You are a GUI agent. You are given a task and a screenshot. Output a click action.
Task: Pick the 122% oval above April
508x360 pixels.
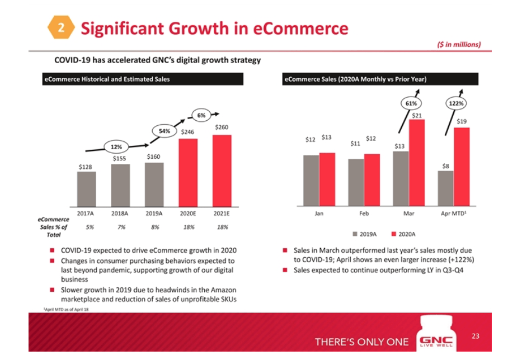(458, 103)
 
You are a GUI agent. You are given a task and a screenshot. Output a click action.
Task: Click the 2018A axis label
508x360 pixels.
(121, 214)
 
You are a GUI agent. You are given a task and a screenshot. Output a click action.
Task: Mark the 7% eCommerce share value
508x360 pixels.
(121, 227)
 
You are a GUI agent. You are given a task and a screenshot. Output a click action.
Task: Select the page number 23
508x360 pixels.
(476, 336)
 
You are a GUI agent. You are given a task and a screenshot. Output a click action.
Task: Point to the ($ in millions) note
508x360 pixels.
(458, 45)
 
